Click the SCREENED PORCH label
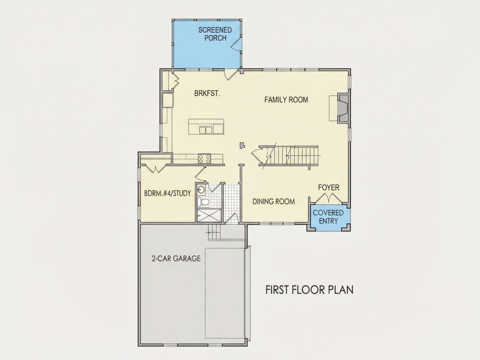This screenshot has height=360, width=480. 215,34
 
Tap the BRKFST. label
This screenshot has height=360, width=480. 207,93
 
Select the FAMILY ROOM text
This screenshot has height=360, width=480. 286,99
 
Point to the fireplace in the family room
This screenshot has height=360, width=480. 343,108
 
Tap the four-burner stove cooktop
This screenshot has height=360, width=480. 205,159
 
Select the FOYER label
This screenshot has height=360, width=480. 329,187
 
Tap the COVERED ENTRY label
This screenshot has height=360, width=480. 328,217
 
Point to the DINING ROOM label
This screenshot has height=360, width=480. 274,202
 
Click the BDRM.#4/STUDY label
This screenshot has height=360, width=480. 168,193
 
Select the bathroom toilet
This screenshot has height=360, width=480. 203,202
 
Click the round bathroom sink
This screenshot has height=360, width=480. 201,190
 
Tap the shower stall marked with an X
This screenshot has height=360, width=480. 209,216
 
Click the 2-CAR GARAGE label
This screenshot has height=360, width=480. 176,259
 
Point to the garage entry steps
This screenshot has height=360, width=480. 214,232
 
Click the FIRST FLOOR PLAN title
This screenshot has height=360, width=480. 309,290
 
